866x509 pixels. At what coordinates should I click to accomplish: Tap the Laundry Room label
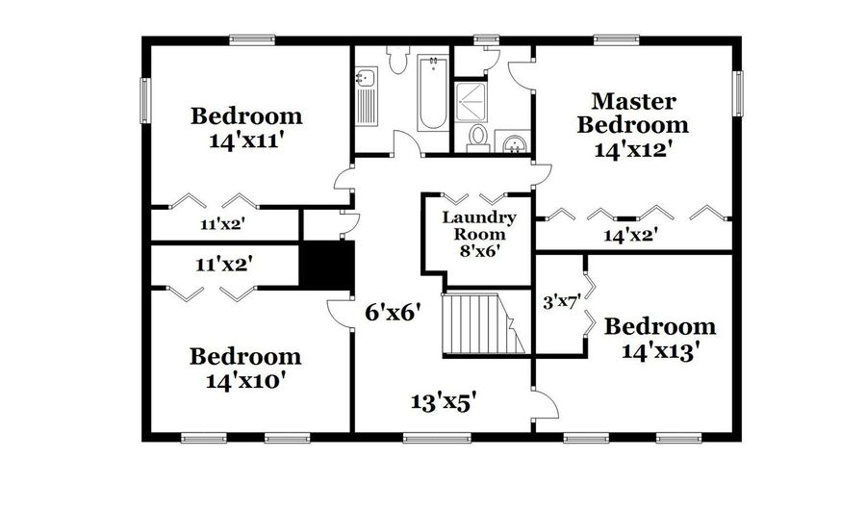pos(479,226)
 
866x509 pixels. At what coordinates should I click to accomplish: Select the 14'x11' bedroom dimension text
pos(245,140)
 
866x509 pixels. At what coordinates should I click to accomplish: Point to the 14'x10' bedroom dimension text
pos(245,380)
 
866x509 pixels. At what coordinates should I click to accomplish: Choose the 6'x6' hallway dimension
pos(395,313)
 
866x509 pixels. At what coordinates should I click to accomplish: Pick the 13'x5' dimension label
pos(446,401)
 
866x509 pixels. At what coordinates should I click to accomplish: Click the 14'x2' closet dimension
pos(630,233)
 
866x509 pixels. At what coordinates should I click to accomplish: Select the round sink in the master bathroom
pos(516,144)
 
